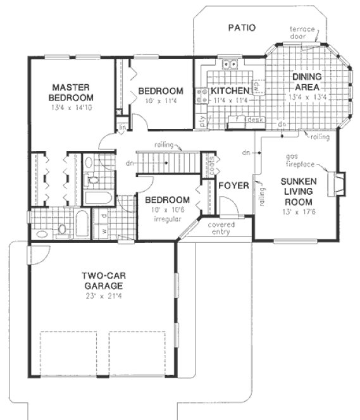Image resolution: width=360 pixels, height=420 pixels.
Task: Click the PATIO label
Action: [242, 28]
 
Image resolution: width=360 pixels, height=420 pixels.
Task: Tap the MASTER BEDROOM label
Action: [73, 92]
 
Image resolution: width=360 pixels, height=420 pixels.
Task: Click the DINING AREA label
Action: [306, 82]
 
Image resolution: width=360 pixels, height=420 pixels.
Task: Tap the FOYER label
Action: [232, 186]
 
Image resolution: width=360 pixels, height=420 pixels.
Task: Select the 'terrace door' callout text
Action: [306, 33]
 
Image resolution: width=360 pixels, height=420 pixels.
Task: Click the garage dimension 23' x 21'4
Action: [106, 295]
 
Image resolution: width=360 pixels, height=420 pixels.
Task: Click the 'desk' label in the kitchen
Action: [254, 119]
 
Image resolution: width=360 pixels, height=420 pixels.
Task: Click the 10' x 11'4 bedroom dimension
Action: [161, 100]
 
